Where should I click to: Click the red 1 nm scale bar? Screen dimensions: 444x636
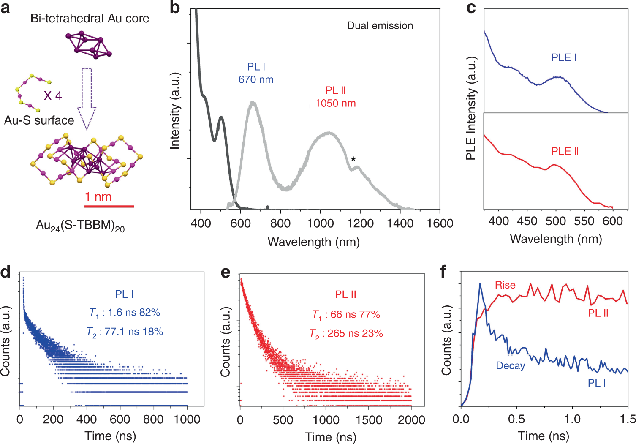pyautogui.click(x=109, y=206)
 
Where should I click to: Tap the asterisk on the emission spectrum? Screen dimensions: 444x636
pyautogui.click(x=353, y=159)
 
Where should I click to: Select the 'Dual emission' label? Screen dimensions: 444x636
pyautogui.click(x=380, y=26)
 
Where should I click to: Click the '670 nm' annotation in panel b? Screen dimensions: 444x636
pyautogui.click(x=256, y=79)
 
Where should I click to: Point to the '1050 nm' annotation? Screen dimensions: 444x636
pyautogui.click(x=335, y=103)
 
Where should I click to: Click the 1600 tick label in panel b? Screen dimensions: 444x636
pyautogui.click(x=440, y=223)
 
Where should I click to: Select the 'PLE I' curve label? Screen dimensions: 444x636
pyautogui.click(x=564, y=57)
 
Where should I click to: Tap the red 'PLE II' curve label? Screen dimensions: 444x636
pyautogui.click(x=565, y=151)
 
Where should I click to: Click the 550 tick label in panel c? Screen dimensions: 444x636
pyautogui.click(x=584, y=221)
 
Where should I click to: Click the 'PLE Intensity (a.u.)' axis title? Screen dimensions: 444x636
pyautogui.click(x=471, y=108)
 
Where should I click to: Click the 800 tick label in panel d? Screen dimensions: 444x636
pyautogui.click(x=153, y=419)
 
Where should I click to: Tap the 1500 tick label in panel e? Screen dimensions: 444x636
pyautogui.click(x=368, y=419)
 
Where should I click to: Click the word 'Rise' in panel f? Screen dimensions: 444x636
pyautogui.click(x=505, y=285)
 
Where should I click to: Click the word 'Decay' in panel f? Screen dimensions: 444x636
pyautogui.click(x=510, y=366)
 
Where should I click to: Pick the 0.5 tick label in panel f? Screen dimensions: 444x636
pyautogui.click(x=516, y=419)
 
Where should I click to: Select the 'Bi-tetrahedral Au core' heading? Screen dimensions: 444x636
pyautogui.click(x=90, y=18)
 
